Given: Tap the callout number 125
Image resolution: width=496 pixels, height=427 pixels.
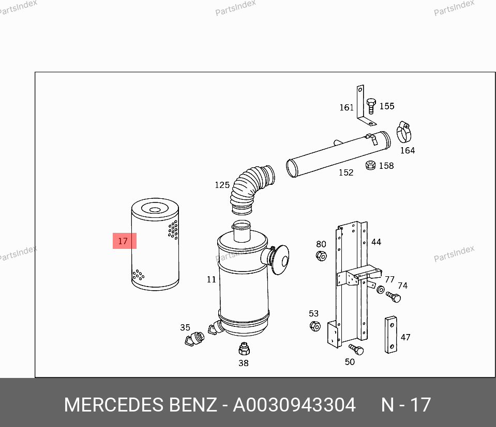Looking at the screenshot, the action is pos(222,185).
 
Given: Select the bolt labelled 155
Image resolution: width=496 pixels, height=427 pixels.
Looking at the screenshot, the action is pos(371,106).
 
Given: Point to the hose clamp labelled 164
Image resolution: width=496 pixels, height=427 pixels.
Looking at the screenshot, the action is pos(403,132).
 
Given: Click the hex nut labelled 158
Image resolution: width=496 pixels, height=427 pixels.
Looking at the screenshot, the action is pos(370,165).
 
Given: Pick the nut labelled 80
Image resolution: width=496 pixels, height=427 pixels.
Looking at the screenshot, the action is pos(321,256).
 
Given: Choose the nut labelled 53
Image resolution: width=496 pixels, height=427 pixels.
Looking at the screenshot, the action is pos(315,326).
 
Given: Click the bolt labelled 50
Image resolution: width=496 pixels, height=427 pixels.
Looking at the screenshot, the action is pos(356,350).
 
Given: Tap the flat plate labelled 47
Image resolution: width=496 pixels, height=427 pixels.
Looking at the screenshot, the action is pos(391,335).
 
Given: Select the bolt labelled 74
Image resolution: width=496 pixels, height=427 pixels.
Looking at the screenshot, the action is pos(394,297).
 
